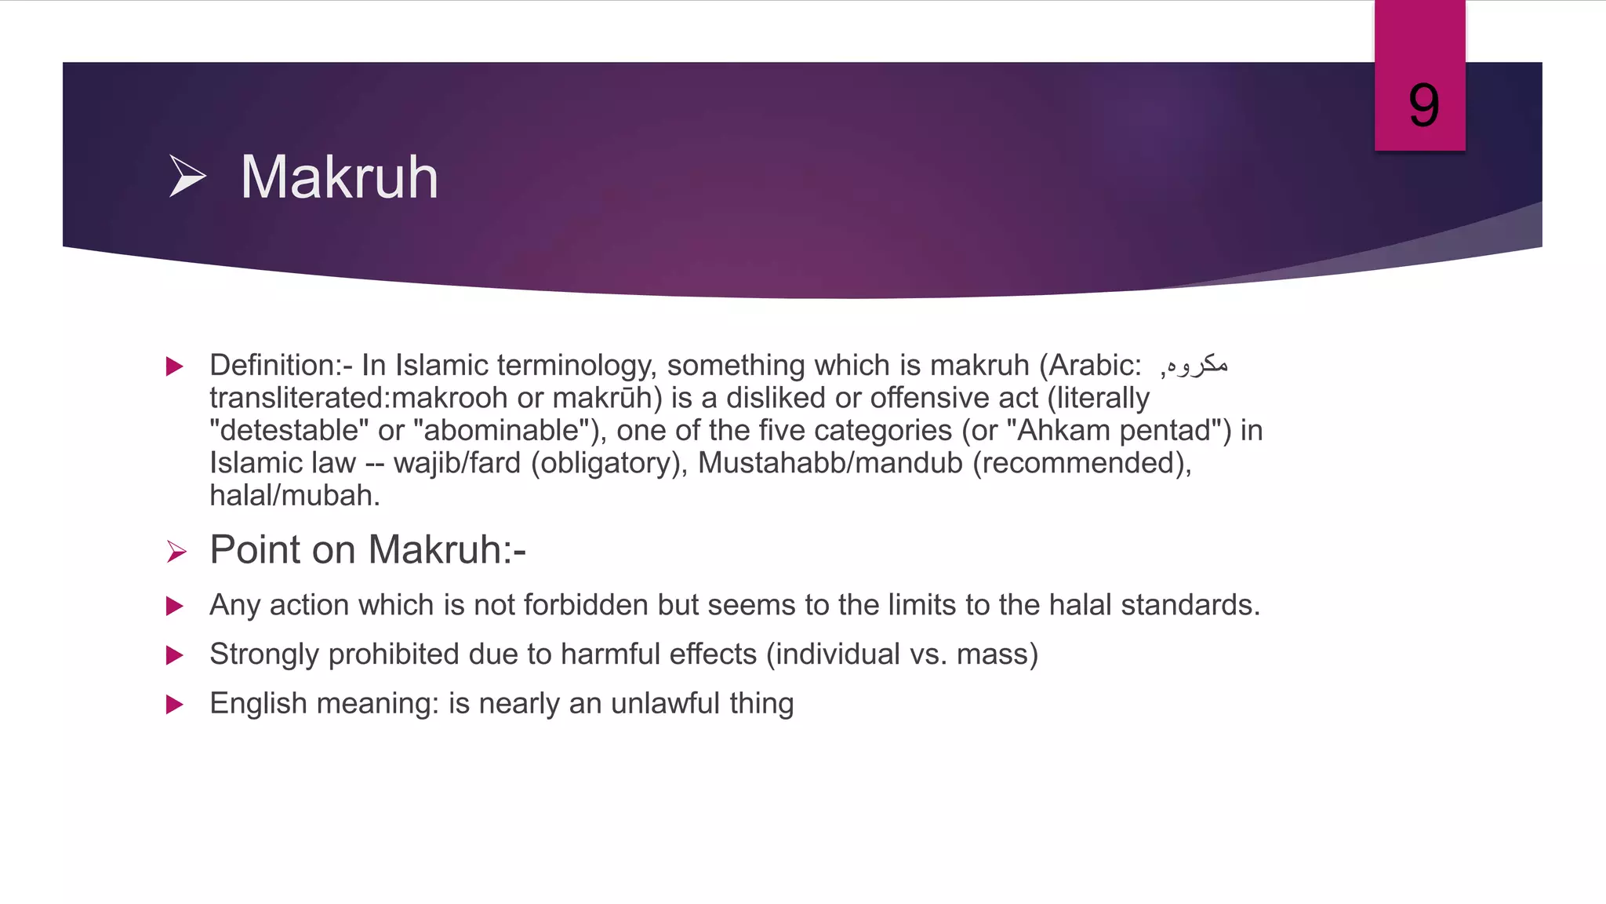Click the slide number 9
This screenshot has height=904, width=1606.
[x=1423, y=106]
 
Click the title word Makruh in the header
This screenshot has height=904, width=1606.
[x=339, y=177]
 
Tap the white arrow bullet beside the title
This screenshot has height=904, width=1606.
[x=187, y=176]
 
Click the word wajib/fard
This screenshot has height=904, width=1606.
[x=457, y=463]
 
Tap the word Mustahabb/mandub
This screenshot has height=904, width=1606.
[x=830, y=463]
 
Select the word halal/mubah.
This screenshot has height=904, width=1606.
[x=294, y=496]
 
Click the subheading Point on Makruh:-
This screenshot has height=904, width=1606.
[x=368, y=549]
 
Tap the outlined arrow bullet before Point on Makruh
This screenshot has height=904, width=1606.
[x=176, y=552]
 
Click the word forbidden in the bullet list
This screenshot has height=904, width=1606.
[x=585, y=605]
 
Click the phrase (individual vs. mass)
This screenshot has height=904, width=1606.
[x=902, y=654]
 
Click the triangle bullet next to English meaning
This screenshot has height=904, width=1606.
[x=175, y=704]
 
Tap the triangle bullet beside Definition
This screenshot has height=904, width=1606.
[x=175, y=366]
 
